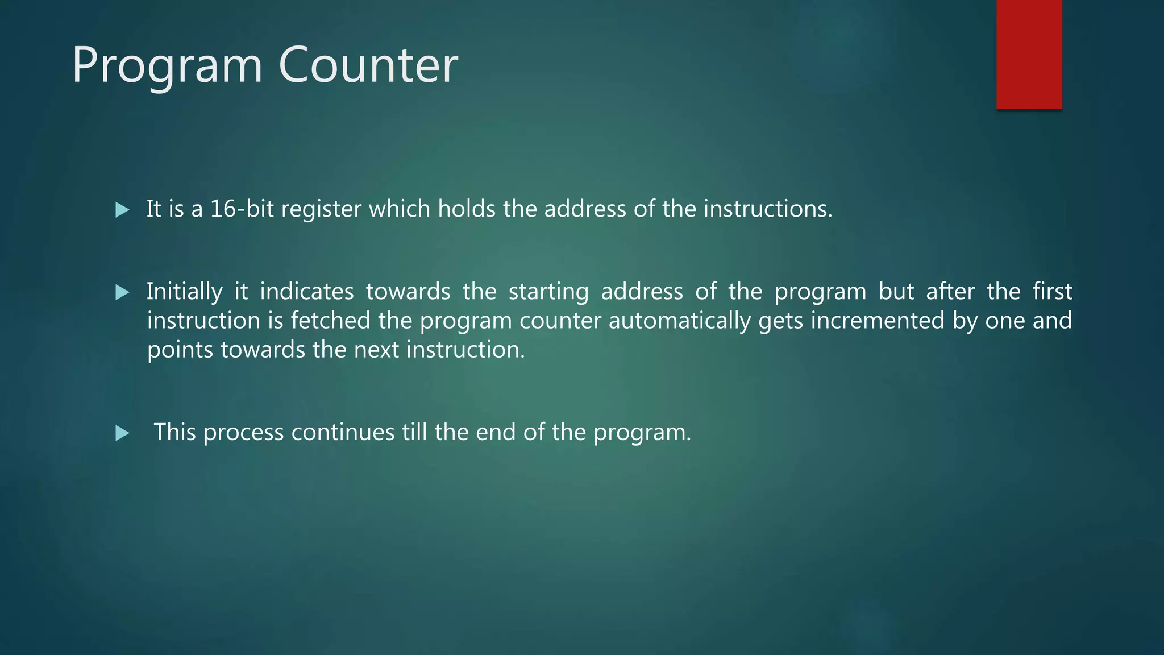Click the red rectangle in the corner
[1029, 54]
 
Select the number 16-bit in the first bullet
[242, 209]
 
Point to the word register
[321, 210]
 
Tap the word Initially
[184, 292]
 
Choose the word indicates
[306, 291]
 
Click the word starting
[548, 292]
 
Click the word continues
[343, 432]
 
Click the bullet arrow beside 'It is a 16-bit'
[122, 210]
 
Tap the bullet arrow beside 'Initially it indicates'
[122, 293]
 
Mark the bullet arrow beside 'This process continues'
[122, 434]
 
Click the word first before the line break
[1052, 291]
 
